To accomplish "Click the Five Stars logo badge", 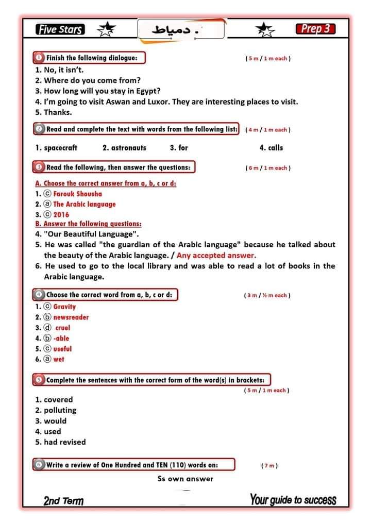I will pos(60,29).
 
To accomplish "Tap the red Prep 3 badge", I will pos(315,29).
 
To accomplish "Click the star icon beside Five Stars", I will pos(107,30).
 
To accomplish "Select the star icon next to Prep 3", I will pos(265,30).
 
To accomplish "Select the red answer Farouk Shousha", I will pos(77,194).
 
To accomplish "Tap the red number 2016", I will pos(61,215).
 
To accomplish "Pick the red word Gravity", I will pos(64,307).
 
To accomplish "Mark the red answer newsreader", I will pos(71,317).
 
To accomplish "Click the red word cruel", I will pos(62,328).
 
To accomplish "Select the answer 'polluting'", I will pos(60,411).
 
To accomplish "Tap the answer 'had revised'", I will pos(64,442).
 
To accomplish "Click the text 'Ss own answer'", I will pos(185,479).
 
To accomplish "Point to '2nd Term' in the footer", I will pos(63,501).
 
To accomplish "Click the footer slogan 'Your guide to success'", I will pos(293,500).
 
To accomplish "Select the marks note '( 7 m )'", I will pos(269,466).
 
